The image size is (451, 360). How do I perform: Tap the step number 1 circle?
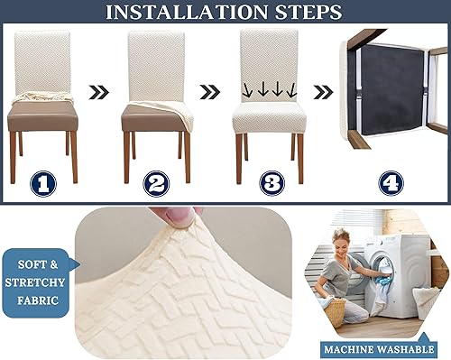(x=42, y=184)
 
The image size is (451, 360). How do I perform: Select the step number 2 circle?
(x=157, y=184)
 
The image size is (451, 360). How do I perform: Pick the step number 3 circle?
(x=270, y=184)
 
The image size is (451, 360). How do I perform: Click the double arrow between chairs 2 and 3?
(x=209, y=90)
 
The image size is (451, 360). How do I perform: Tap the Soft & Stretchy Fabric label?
(x=36, y=282)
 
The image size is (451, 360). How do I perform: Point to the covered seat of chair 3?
(x=269, y=115)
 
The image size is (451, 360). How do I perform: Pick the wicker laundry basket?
(x=335, y=311)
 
